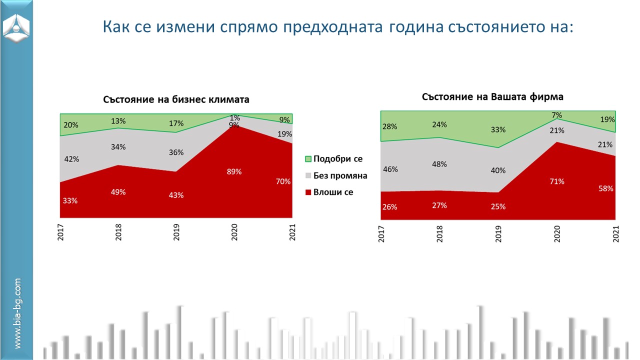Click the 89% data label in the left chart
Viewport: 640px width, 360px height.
(x=234, y=171)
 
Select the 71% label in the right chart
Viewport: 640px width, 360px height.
(x=557, y=181)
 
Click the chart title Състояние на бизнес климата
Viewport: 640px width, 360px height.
(x=176, y=99)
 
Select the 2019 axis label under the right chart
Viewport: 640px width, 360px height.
(x=498, y=234)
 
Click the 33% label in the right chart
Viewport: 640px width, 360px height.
(x=498, y=129)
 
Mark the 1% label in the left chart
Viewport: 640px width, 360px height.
(x=234, y=118)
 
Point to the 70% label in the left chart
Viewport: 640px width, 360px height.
(x=283, y=181)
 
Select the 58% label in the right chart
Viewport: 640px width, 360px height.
(x=606, y=188)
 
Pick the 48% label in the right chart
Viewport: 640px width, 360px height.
(x=440, y=164)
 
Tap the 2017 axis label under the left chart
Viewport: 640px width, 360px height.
(x=60, y=232)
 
